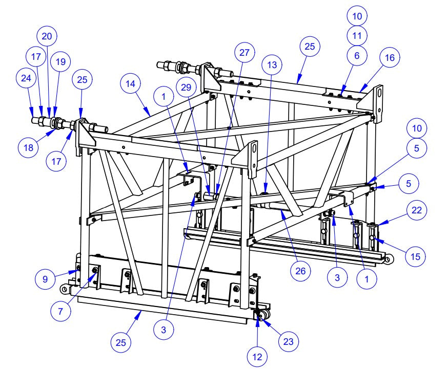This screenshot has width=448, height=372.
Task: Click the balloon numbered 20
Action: (47, 36)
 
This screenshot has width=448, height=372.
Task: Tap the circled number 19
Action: (60, 62)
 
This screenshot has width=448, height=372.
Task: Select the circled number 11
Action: (357, 36)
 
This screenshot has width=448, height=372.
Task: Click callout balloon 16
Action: (390, 58)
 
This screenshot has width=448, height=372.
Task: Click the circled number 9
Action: (45, 279)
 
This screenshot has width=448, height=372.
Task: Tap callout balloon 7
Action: (60, 312)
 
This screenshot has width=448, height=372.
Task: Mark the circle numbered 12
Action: (258, 357)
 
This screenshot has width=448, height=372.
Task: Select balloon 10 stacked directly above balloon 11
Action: (357, 16)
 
